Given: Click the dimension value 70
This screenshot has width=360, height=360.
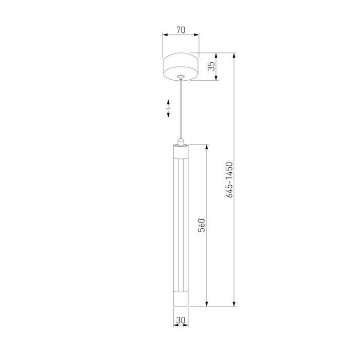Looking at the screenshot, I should pyautogui.click(x=181, y=30).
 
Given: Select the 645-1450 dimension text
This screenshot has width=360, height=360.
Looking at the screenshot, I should pyautogui.click(x=230, y=180).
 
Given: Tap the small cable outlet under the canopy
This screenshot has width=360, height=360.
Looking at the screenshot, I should pyautogui.click(x=181, y=78).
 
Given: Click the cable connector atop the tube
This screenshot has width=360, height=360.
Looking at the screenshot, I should pyautogui.click(x=181, y=141).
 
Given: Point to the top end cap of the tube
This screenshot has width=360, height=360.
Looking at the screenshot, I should pyautogui.click(x=181, y=152).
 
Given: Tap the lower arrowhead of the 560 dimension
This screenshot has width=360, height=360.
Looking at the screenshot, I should pyautogui.click(x=207, y=304).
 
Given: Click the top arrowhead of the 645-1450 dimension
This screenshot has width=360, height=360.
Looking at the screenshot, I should pyautogui.click(x=235, y=55).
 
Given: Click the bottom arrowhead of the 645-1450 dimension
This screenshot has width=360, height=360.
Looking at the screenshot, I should pyautogui.click(x=235, y=304).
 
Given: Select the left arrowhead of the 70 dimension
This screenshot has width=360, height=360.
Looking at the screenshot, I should pyautogui.click(x=165, y=35).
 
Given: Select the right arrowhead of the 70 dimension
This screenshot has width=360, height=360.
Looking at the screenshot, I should pyautogui.click(x=196, y=35).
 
